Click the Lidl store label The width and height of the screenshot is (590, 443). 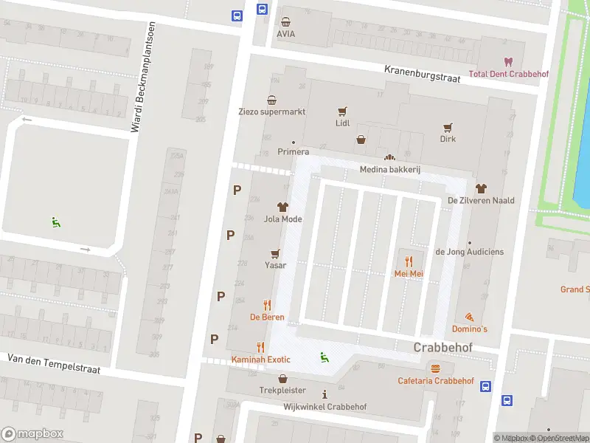click(342, 124)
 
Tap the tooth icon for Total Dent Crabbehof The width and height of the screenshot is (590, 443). click(507, 62)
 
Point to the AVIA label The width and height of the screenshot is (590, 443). click(285, 34)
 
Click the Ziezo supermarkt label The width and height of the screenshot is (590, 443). click(271, 112)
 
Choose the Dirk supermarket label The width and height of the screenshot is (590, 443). click(448, 139)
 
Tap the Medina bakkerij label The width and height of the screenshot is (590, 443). click(389, 170)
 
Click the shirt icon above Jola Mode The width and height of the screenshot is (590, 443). click(282, 207)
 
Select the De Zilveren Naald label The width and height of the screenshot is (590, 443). click(481, 200)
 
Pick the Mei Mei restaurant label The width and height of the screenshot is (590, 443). click(408, 273)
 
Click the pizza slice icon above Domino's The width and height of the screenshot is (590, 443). click(470, 316)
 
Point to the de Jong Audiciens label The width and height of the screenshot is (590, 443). click(470, 252)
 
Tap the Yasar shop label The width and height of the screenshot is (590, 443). click(276, 265)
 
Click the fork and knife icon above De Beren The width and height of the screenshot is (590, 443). click(267, 305)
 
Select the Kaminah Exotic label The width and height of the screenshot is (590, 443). click(260, 360)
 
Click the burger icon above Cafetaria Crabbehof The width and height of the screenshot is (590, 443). click(435, 368)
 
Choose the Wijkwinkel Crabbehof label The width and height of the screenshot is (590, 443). click(325, 407)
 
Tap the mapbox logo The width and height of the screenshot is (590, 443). click(32, 434)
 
